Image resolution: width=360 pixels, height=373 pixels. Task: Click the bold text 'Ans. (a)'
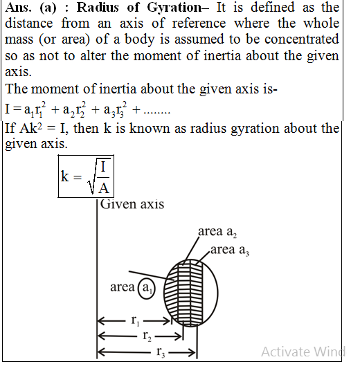(x=34, y=8)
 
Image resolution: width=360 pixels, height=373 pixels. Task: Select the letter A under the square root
(x=101, y=187)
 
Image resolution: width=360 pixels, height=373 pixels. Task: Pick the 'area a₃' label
(x=232, y=249)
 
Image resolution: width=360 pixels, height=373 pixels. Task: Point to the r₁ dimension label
(x=134, y=321)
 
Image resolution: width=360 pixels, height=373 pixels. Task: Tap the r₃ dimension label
(x=160, y=353)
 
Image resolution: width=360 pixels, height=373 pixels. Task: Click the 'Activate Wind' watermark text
(x=303, y=352)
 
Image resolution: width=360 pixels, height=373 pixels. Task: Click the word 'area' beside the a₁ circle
(x=123, y=286)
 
